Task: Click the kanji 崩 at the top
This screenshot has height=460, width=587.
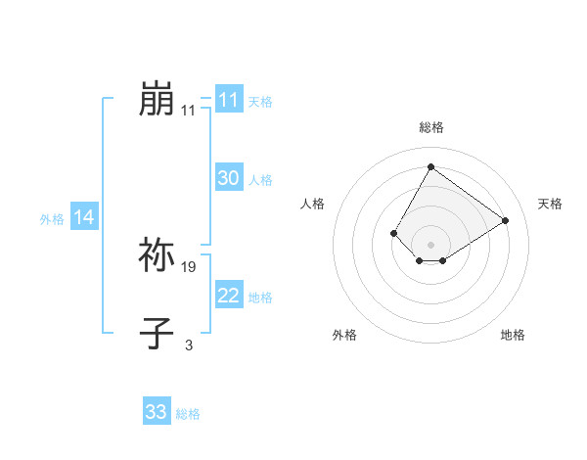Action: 157,100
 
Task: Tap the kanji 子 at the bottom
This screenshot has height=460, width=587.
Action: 157,333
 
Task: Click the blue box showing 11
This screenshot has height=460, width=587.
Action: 228,100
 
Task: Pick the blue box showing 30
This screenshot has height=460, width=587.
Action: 228,178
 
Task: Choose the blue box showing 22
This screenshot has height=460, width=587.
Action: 228,296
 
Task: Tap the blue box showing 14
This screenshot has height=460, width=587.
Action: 84,218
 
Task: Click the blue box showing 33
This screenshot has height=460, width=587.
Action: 157,412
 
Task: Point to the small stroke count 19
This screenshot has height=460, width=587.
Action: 190,266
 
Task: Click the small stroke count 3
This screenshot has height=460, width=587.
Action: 189,345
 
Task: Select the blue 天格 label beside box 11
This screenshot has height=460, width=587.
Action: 260,101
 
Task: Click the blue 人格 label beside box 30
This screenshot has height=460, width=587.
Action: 260,179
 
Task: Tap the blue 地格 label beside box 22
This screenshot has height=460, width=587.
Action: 260,297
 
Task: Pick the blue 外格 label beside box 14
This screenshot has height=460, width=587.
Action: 52,219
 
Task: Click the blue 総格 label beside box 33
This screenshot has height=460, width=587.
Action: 188,413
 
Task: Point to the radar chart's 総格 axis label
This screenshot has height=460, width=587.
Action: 430,127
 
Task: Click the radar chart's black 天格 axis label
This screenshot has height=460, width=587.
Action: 551,204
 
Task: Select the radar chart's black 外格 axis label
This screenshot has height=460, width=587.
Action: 344,335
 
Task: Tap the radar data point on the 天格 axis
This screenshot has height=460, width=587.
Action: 506,220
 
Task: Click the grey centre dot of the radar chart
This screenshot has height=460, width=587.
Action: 430,244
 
